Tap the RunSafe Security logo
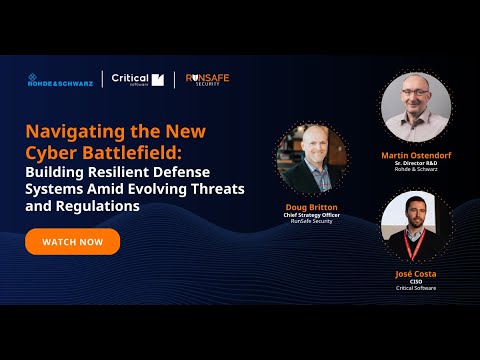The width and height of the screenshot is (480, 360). tap(208, 80)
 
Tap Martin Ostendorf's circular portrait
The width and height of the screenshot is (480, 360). tap(416, 107)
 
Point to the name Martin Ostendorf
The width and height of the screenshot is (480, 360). tap(416, 155)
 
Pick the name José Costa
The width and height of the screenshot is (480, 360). tap(416, 272)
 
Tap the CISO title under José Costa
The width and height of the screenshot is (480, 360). tap(416, 281)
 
